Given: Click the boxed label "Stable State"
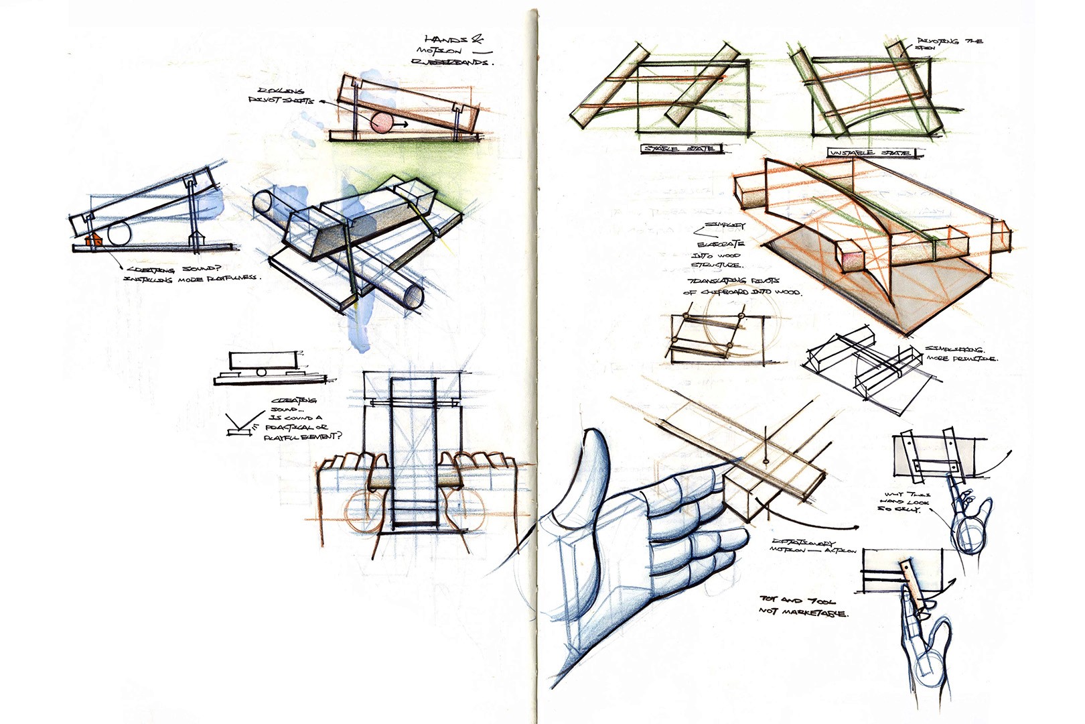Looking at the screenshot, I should [679, 148].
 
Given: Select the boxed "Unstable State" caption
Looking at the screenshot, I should [871, 153].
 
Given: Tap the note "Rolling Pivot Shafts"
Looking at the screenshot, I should [281, 96].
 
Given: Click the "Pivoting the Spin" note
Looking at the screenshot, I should [947, 44].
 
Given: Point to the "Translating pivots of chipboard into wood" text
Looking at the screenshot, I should [741, 286].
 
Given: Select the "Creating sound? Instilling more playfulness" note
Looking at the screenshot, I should [191, 274].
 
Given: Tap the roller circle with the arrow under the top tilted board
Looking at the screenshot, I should [382, 124].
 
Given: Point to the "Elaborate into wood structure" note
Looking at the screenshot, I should [718, 254].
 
